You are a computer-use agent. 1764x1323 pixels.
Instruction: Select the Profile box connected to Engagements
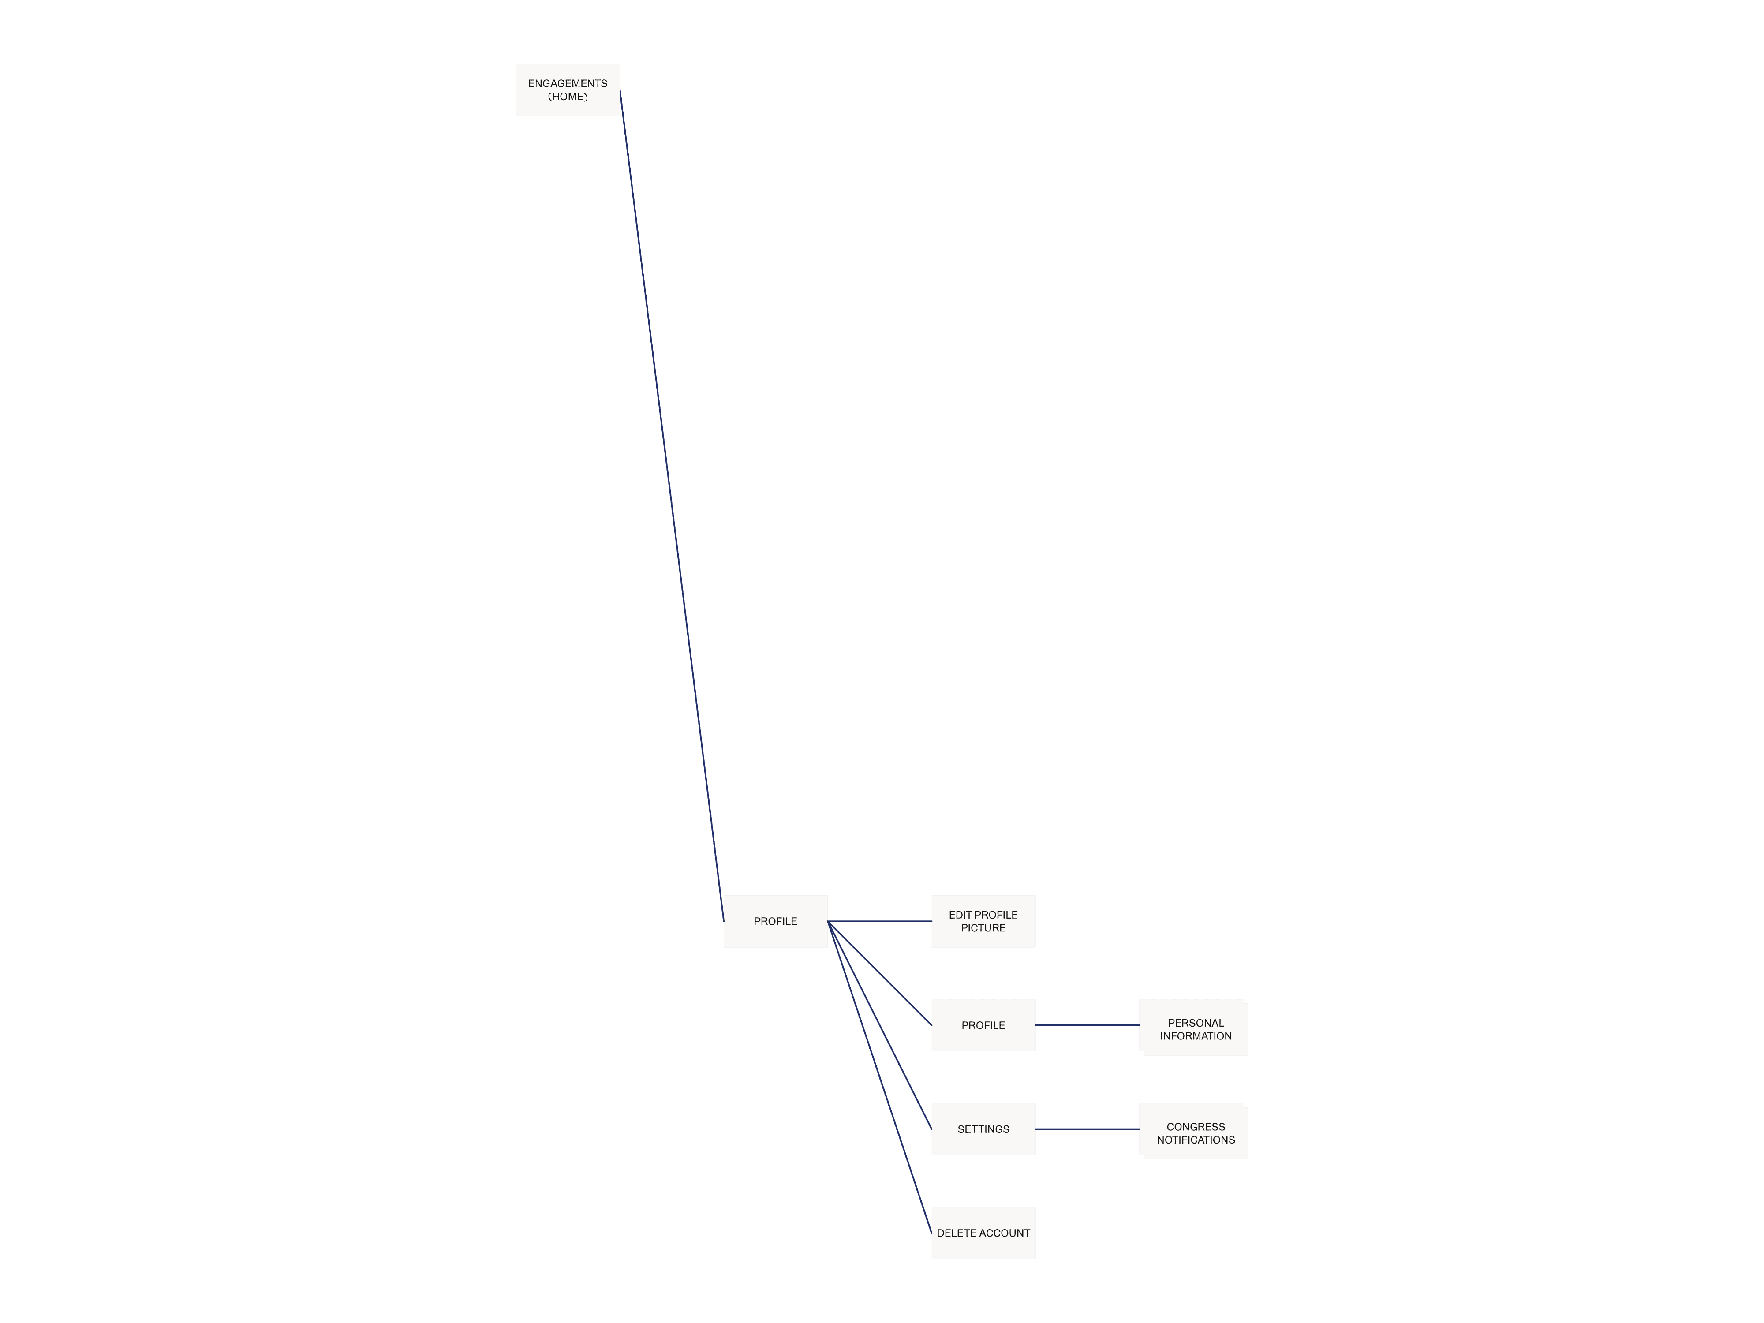pyautogui.click(x=775, y=921)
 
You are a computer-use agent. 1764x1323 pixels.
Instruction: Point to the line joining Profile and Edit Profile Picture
pyautogui.click(x=880, y=921)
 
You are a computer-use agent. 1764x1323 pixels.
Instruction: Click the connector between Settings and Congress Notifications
pyautogui.click(x=1087, y=1129)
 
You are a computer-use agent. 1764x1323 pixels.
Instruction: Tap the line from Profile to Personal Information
pyautogui.click(x=1087, y=1025)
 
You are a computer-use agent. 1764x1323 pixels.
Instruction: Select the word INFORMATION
pyautogui.click(x=1196, y=1036)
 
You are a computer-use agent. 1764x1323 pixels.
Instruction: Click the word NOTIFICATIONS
pyautogui.click(x=1196, y=1140)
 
